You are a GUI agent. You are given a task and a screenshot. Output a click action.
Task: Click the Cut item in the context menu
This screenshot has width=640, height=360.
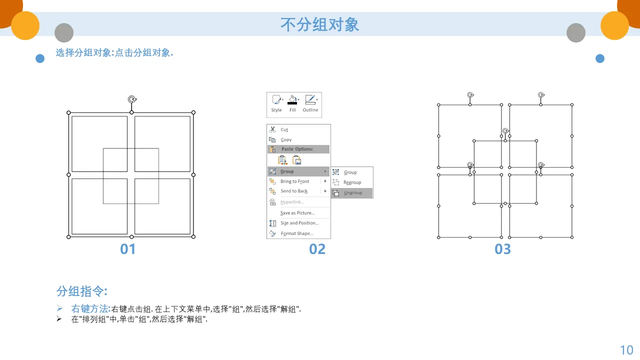[x=284, y=129]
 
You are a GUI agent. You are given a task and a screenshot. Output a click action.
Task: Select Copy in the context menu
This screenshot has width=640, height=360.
[x=286, y=139]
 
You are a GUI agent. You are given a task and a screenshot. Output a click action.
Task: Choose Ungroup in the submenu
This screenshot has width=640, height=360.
[x=352, y=193]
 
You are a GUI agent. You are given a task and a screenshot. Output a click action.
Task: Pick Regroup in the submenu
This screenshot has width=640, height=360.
[x=352, y=182]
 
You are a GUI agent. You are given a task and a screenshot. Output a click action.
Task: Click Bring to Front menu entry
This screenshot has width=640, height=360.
[x=294, y=181]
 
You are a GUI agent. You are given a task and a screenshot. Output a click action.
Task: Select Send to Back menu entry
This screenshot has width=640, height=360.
[x=293, y=191]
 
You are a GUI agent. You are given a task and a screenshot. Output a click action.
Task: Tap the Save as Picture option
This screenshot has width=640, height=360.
[x=297, y=213]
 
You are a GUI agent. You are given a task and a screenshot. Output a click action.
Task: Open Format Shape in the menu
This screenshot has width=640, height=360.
[x=297, y=233]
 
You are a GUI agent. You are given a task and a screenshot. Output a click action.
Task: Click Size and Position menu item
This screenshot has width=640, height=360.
[x=299, y=223]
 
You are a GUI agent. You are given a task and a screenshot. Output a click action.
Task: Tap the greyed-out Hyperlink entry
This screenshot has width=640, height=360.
[x=292, y=202]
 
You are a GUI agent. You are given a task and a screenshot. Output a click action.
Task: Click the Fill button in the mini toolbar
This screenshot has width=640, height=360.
[x=292, y=103]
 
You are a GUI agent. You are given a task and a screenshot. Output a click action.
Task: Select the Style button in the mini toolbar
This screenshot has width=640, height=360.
[x=276, y=103]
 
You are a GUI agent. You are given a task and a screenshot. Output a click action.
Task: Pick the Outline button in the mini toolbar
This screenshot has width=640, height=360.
[x=310, y=103]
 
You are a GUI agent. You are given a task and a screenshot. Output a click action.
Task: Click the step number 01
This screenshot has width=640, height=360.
[x=127, y=249]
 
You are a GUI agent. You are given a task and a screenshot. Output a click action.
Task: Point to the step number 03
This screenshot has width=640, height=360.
[x=502, y=249]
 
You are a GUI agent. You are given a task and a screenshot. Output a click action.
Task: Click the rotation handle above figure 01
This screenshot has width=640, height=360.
[x=132, y=99]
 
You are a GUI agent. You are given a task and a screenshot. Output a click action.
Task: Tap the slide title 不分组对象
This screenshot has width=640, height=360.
[x=319, y=24]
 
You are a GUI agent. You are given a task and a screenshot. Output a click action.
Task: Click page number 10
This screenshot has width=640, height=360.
[x=626, y=350]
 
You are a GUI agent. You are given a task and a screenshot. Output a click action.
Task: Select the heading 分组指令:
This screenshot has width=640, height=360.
[x=81, y=291]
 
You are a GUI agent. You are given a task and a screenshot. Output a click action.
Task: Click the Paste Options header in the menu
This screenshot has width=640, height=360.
[x=297, y=149]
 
